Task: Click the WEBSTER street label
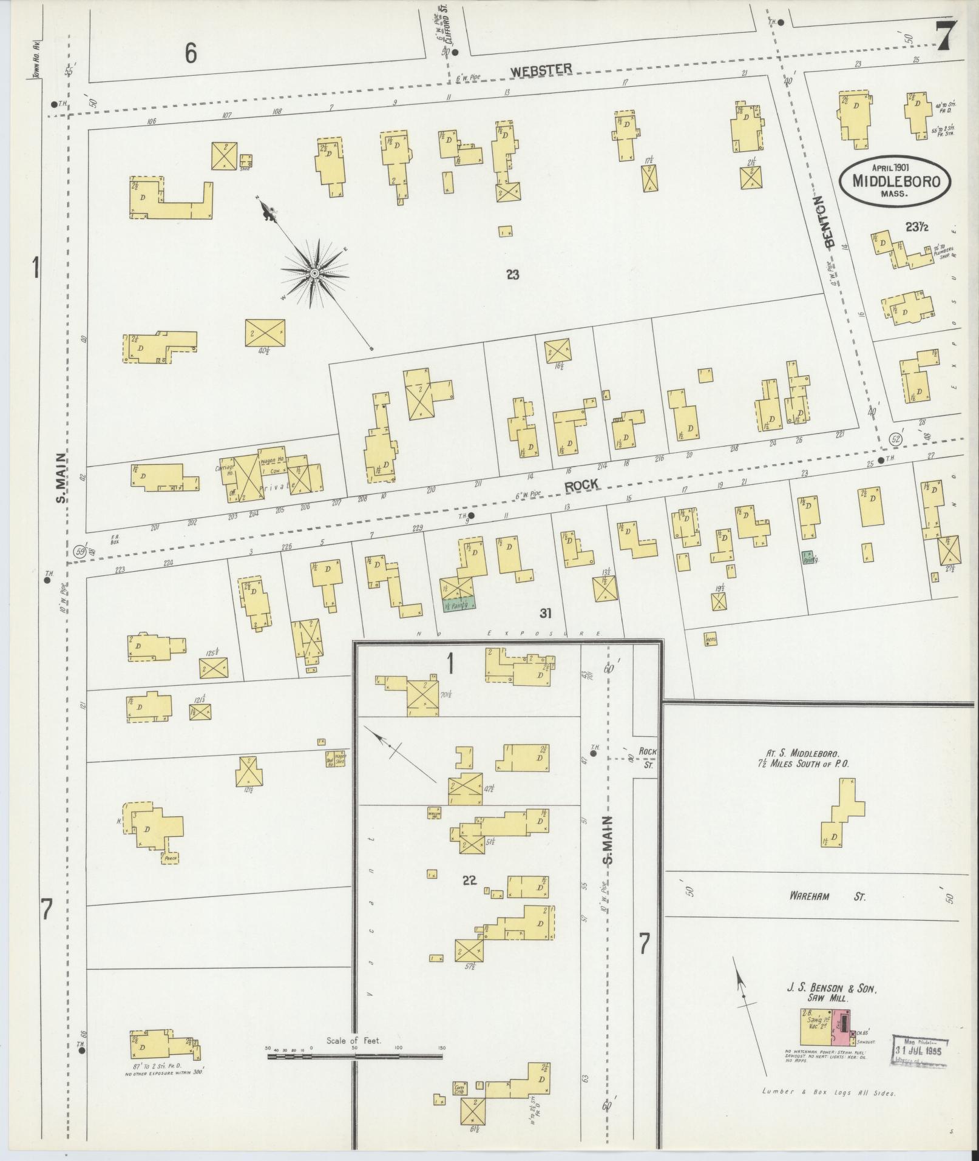(x=541, y=69)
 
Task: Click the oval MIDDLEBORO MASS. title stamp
(x=895, y=180)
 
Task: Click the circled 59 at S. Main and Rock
(x=78, y=551)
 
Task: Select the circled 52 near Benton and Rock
(x=895, y=439)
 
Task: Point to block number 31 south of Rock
(x=545, y=614)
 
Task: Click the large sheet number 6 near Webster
(x=191, y=55)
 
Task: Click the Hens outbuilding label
(x=711, y=638)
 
